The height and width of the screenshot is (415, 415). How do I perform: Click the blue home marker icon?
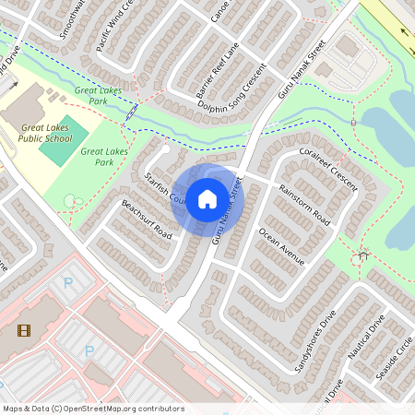point(207,198)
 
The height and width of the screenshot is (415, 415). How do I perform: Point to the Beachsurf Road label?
point(147,218)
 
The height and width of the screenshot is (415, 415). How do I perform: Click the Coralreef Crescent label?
point(327,167)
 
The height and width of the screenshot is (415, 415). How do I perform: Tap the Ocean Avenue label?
point(281,246)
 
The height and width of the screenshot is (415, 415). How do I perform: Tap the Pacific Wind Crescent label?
point(124,33)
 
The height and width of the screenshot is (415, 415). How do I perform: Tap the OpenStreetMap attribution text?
point(92,409)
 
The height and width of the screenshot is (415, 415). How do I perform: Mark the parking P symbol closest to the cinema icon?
point(89,350)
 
